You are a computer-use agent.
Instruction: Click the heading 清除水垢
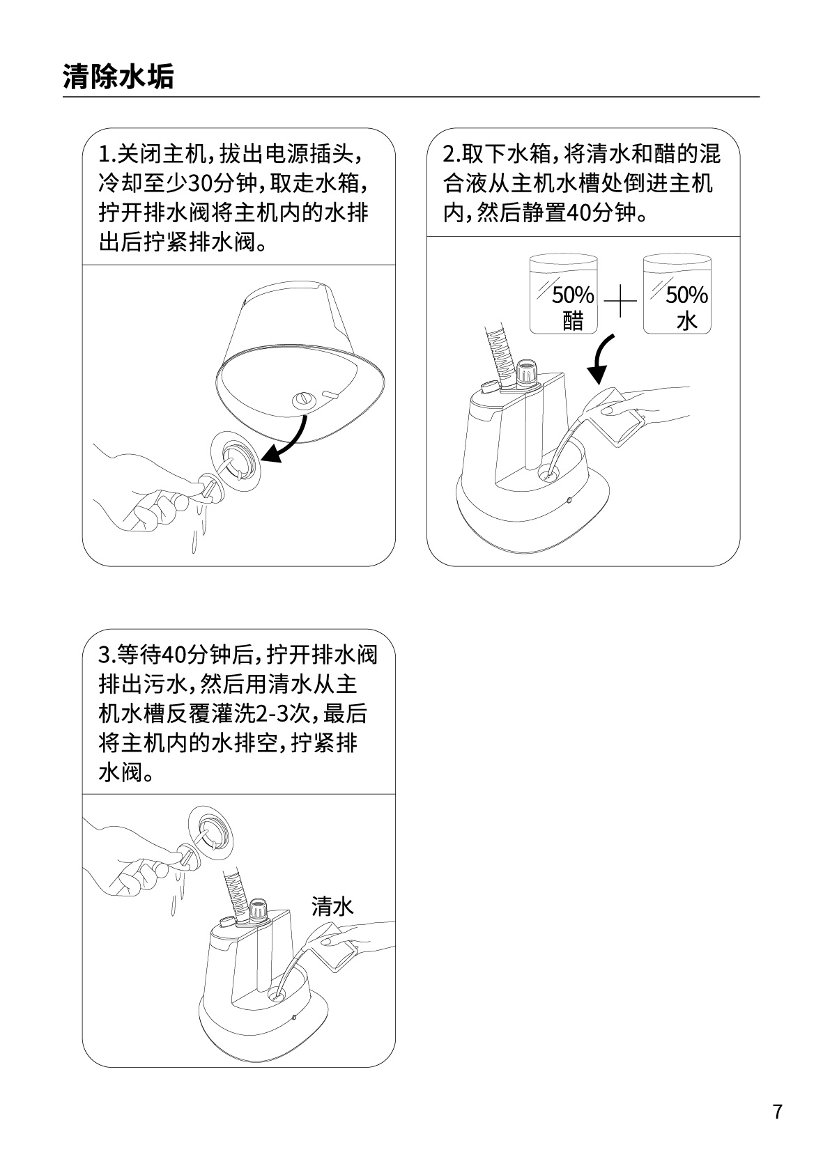click(118, 77)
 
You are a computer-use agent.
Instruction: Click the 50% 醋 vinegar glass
click(564, 293)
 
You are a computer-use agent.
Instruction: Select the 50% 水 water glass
click(677, 293)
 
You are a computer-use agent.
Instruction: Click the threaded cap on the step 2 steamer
click(527, 371)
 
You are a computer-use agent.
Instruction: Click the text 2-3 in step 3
click(272, 715)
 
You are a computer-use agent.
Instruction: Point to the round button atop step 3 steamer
click(226, 923)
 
